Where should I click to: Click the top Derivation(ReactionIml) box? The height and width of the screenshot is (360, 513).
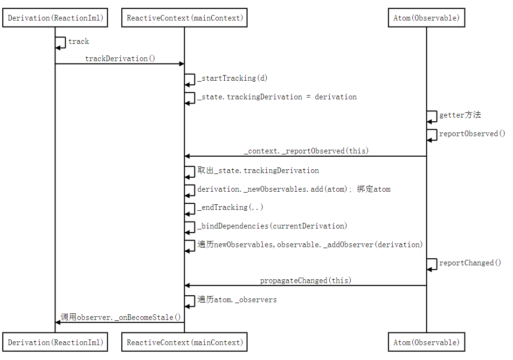click(55, 18)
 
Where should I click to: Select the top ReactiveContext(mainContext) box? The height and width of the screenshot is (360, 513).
click(185, 18)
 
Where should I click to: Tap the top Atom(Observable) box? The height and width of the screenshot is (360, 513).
click(426, 18)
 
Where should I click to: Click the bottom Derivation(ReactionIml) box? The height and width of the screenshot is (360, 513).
click(55, 342)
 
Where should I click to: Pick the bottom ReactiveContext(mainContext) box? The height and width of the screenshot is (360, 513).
click(185, 342)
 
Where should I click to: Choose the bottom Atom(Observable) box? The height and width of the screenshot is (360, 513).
click(426, 342)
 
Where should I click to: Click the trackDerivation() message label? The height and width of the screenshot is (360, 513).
click(120, 58)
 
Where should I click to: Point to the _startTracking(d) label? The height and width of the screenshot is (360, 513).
click(232, 78)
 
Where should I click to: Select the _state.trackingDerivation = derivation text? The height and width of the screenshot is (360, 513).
click(277, 97)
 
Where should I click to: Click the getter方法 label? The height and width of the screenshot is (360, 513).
click(460, 115)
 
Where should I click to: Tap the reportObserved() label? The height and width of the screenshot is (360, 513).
click(472, 133)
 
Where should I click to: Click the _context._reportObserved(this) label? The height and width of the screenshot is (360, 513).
click(306, 151)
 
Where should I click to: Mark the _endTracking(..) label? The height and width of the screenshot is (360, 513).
click(230, 207)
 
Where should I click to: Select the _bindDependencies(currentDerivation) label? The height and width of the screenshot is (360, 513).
click(272, 226)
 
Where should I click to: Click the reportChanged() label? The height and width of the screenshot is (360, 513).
click(470, 263)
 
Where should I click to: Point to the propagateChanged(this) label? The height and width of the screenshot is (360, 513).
click(306, 280)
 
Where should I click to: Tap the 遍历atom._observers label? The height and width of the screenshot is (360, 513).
click(237, 299)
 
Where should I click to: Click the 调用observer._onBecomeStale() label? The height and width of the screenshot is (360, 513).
click(121, 317)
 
